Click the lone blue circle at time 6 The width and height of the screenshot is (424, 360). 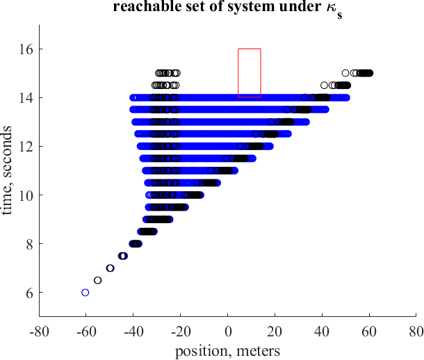85,293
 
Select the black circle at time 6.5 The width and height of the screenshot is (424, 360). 98,280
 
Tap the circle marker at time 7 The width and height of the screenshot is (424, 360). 110,268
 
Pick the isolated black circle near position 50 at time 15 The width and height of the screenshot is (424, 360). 345,73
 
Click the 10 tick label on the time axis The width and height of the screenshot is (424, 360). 26,195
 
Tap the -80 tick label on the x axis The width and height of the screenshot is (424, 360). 39,331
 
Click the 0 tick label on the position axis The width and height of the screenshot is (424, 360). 228,331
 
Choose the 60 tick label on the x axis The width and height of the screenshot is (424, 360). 369,331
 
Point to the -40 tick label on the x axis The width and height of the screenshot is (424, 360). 133,331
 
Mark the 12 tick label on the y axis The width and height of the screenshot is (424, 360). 26,147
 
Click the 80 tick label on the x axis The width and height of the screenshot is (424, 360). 416,331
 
